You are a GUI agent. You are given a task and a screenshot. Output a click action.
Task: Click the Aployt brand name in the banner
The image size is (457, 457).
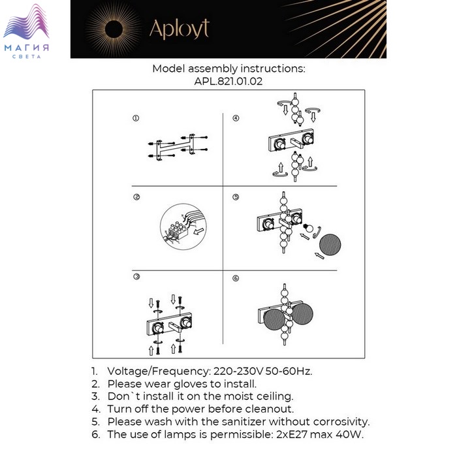pos(180,29)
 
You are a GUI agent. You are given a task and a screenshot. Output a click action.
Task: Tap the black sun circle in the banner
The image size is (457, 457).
pos(114,29)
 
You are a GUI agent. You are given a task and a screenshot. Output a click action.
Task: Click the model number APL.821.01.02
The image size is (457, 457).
pos(228,81)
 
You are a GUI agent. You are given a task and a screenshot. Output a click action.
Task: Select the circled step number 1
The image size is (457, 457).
pos(136,118)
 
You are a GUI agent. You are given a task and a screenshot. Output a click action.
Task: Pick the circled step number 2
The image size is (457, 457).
pos(136,197)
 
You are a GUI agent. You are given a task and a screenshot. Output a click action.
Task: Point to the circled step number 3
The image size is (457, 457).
pos(136,277)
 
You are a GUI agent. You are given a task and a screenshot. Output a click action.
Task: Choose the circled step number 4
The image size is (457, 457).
pos(236,118)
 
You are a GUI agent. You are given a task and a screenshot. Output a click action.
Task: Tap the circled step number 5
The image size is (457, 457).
pos(236,197)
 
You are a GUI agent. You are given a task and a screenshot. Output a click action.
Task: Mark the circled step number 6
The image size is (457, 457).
pos(236,278)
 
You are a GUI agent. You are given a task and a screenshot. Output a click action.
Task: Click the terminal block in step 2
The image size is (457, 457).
pos(177,231)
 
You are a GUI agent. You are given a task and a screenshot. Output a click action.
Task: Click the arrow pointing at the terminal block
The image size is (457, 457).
pos(198,232)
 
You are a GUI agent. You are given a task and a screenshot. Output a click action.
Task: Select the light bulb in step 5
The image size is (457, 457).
pos(307,227)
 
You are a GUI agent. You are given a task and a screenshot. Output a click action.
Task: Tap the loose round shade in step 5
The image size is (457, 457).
pos(330,245)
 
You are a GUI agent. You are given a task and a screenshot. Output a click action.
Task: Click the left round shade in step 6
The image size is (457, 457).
pos(274,320)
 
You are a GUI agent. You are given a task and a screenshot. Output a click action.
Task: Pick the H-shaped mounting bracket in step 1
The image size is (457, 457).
pos(176,148)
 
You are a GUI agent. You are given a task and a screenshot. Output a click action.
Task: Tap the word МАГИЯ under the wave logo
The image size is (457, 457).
pos(27,48)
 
